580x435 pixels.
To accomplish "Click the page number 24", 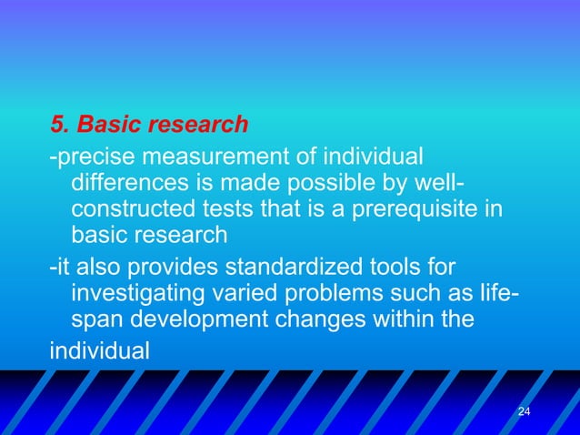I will point(523,413).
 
